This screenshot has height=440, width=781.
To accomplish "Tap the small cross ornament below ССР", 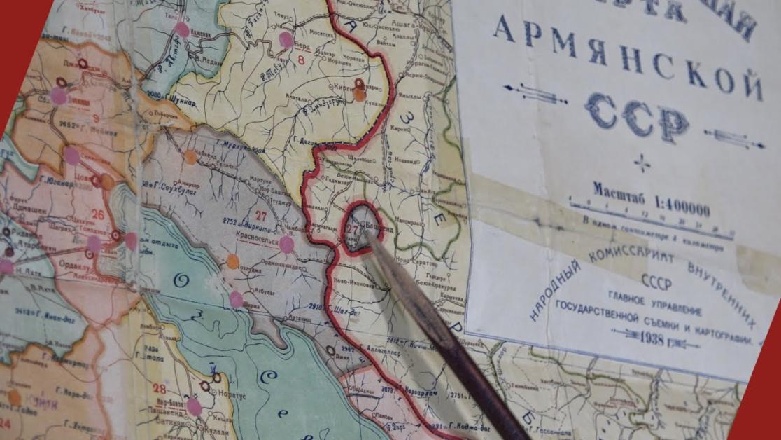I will click(x=641, y=163).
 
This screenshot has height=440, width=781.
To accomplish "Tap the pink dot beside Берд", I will click(x=286, y=39).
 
